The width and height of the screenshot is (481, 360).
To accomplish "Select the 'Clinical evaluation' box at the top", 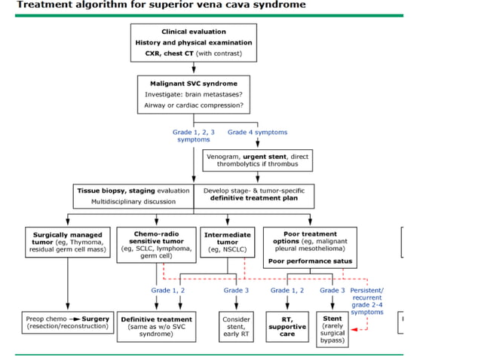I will click(194, 43).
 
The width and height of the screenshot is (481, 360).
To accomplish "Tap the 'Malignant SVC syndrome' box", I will click(194, 95).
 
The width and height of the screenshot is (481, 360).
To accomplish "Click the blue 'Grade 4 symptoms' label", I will click(257, 132).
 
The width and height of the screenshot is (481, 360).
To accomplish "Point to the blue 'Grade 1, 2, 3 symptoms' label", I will click(194, 136).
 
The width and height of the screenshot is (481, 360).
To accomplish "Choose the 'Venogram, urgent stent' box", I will click(257, 160).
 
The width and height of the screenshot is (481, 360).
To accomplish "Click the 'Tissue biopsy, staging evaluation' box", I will click(133, 196).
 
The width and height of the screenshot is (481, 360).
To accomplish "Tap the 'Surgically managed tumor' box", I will click(68, 243).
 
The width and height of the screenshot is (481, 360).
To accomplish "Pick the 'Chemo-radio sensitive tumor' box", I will click(156, 244).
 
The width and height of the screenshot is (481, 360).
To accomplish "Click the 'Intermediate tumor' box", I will click(227, 243).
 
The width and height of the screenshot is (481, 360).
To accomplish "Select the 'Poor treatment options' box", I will click(310, 247).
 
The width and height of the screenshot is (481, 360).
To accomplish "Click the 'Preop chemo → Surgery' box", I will click(67, 323).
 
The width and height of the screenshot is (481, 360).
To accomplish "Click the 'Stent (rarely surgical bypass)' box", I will click(332, 329).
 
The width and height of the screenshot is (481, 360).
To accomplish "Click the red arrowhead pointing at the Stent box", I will click(355, 328).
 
